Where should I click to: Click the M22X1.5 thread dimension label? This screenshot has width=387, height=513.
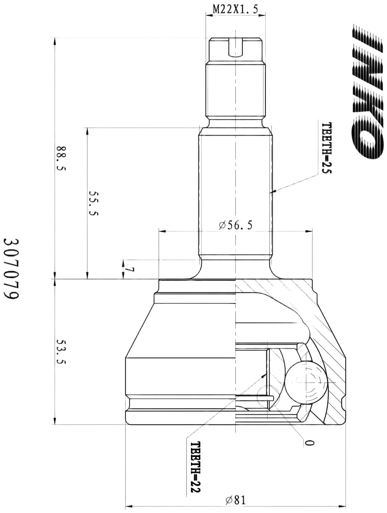pyautogui.click(x=235, y=10)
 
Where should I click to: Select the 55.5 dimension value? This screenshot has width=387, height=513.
pyautogui.click(x=93, y=203)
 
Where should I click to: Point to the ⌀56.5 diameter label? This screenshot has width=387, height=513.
pyautogui.click(x=236, y=225)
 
